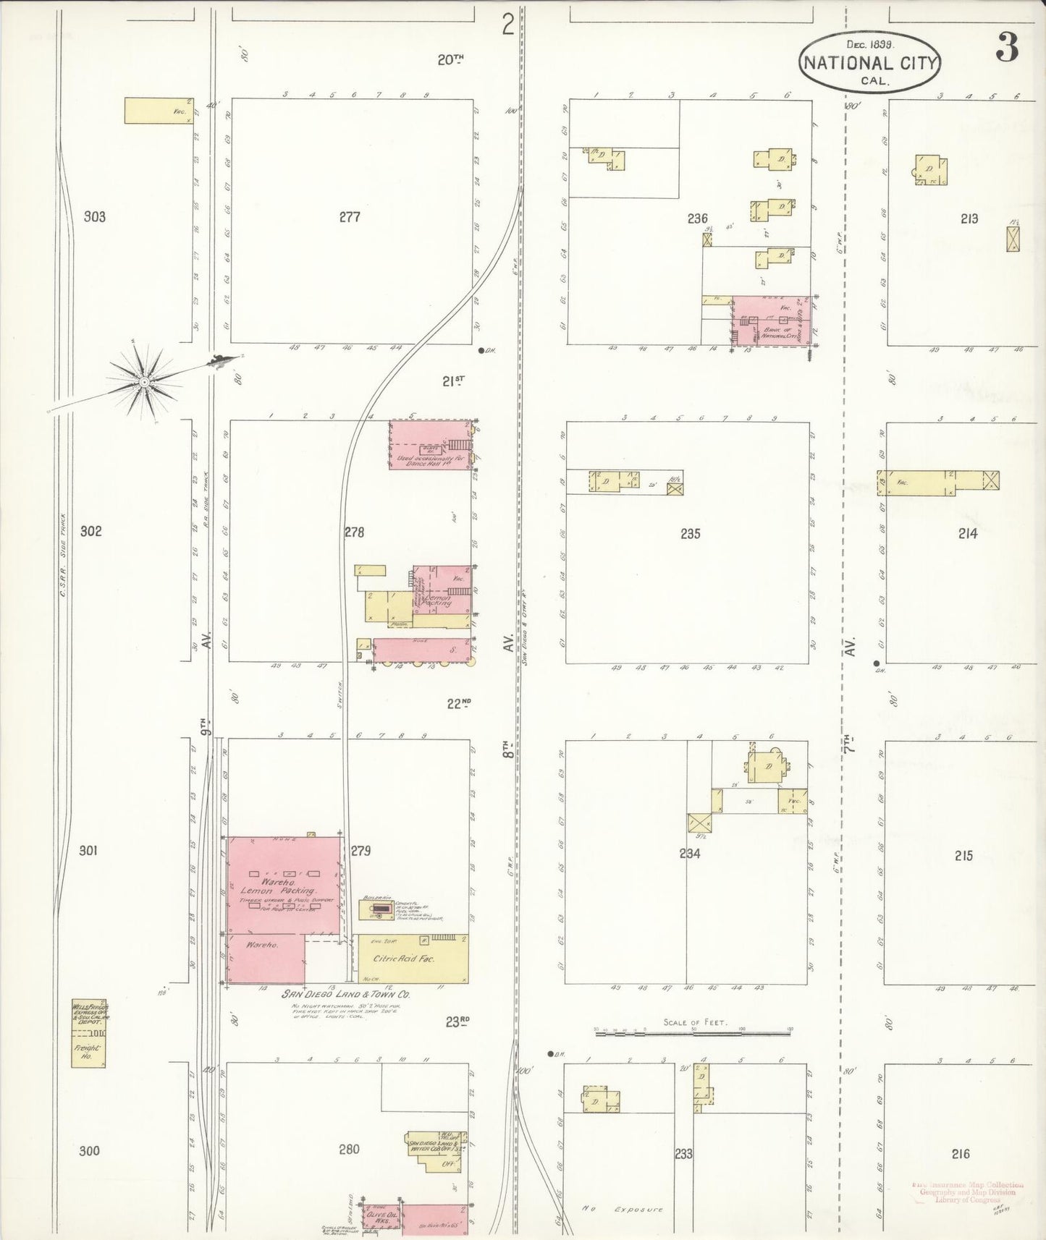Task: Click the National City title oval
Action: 869,61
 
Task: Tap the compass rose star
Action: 145,381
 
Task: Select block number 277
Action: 350,216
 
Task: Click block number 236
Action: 697,218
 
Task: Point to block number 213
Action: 969,218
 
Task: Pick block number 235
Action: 691,534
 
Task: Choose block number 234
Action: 690,853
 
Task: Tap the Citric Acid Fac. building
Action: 413,959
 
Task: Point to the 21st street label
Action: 454,381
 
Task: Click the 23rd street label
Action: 457,1021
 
